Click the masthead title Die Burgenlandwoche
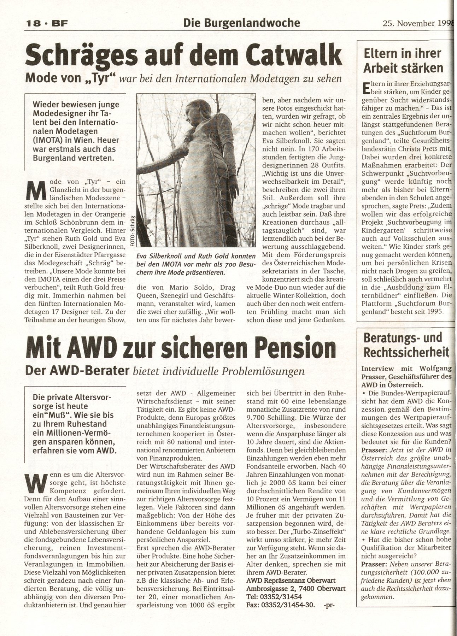click(x=242, y=23)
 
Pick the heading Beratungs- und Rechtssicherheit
click(x=403, y=345)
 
